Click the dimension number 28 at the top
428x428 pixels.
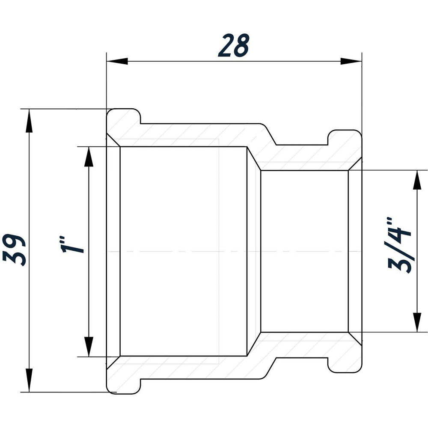click(233, 46)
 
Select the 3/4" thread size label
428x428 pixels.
click(399, 246)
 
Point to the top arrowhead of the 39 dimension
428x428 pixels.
click(29, 120)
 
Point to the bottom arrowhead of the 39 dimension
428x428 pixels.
click(29, 380)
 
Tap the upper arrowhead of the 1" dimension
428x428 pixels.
click(89, 157)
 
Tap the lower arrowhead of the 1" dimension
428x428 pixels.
click(89, 346)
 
